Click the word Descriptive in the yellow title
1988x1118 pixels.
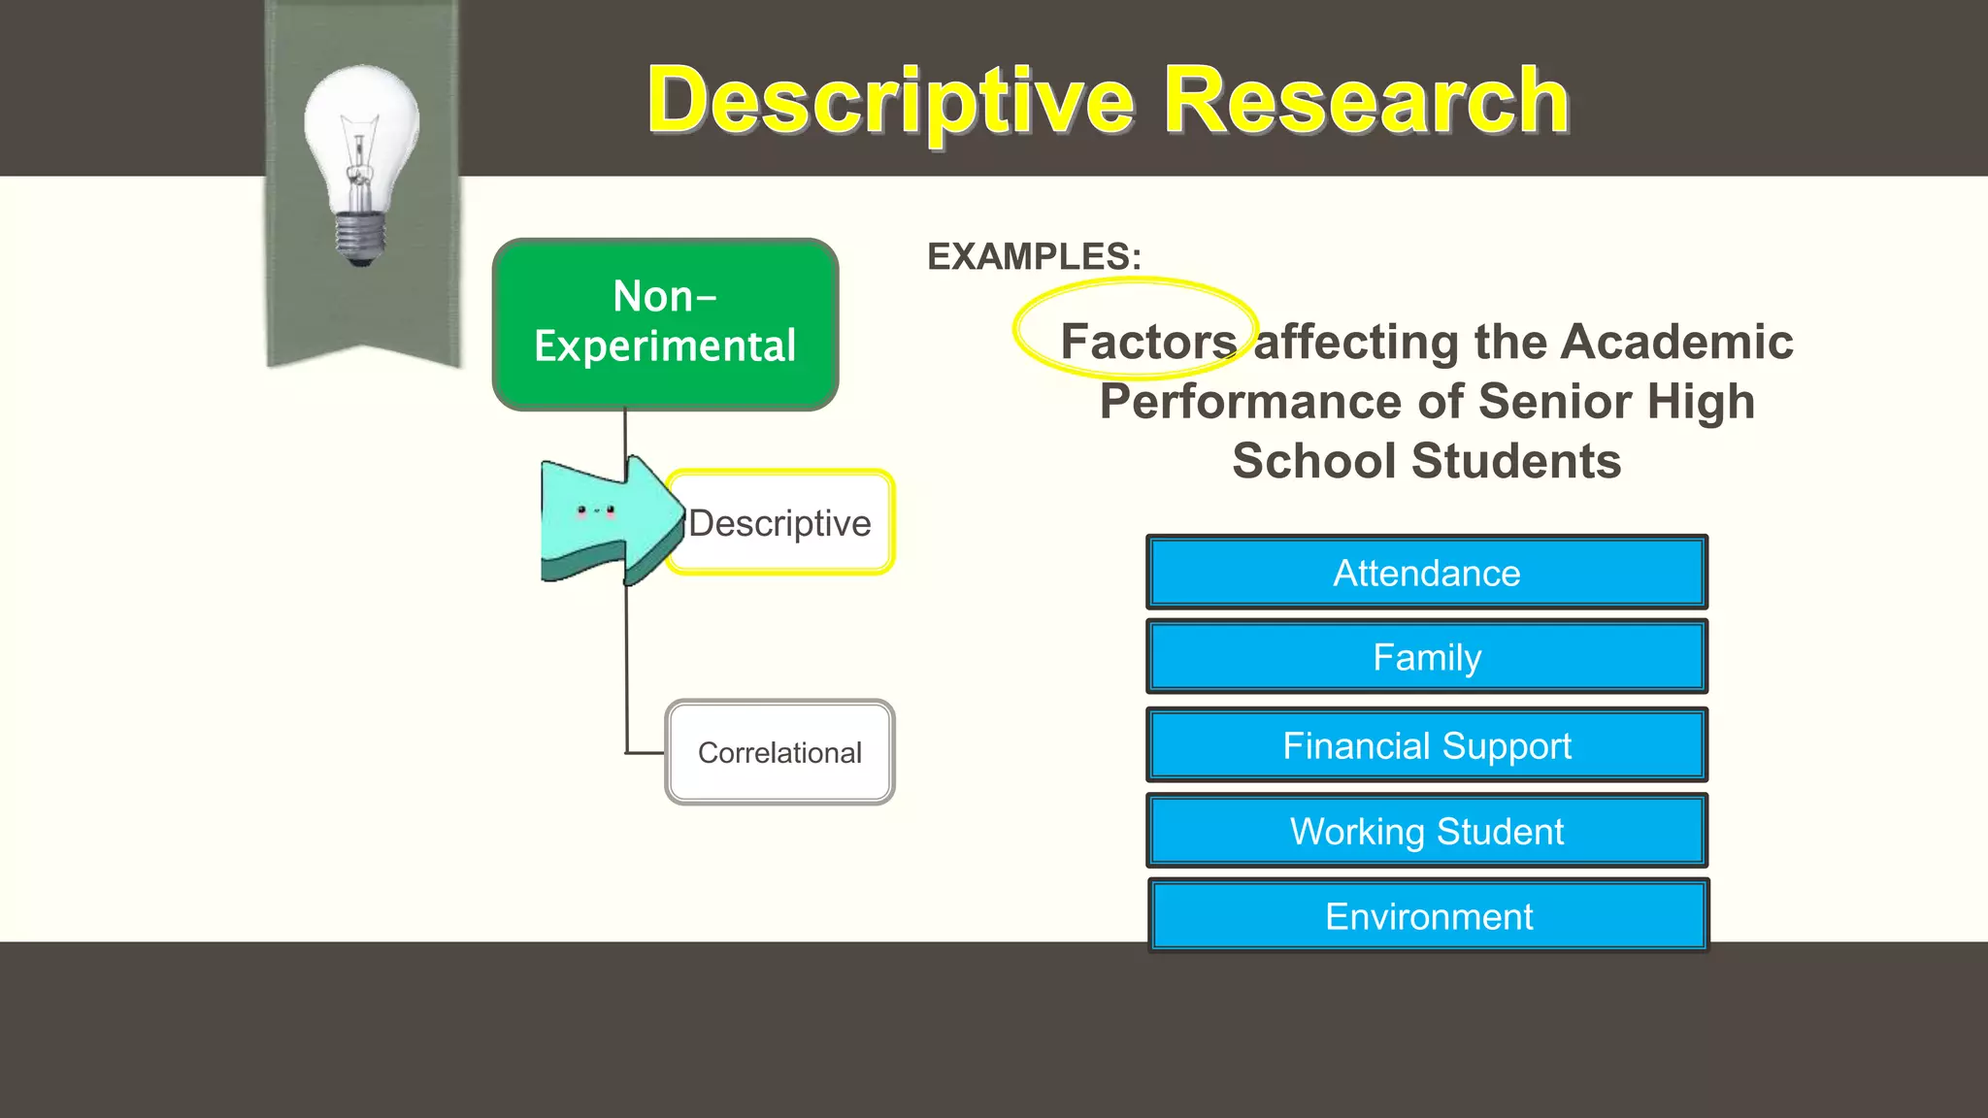(x=890, y=101)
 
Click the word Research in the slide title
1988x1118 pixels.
(x=1366, y=101)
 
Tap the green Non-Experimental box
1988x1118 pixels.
(x=665, y=323)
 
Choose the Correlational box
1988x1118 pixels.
(x=779, y=752)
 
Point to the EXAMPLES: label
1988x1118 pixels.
(x=1034, y=257)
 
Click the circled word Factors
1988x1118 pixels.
(x=1147, y=341)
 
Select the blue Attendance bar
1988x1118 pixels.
(x=1426, y=573)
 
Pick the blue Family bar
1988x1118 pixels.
(x=1426, y=657)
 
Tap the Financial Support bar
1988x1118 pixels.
(x=1426, y=745)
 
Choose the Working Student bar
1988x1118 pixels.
(x=1426, y=831)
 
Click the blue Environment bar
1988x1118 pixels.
(x=1428, y=916)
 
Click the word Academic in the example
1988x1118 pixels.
(x=1676, y=341)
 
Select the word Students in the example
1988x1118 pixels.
(x=1515, y=460)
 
